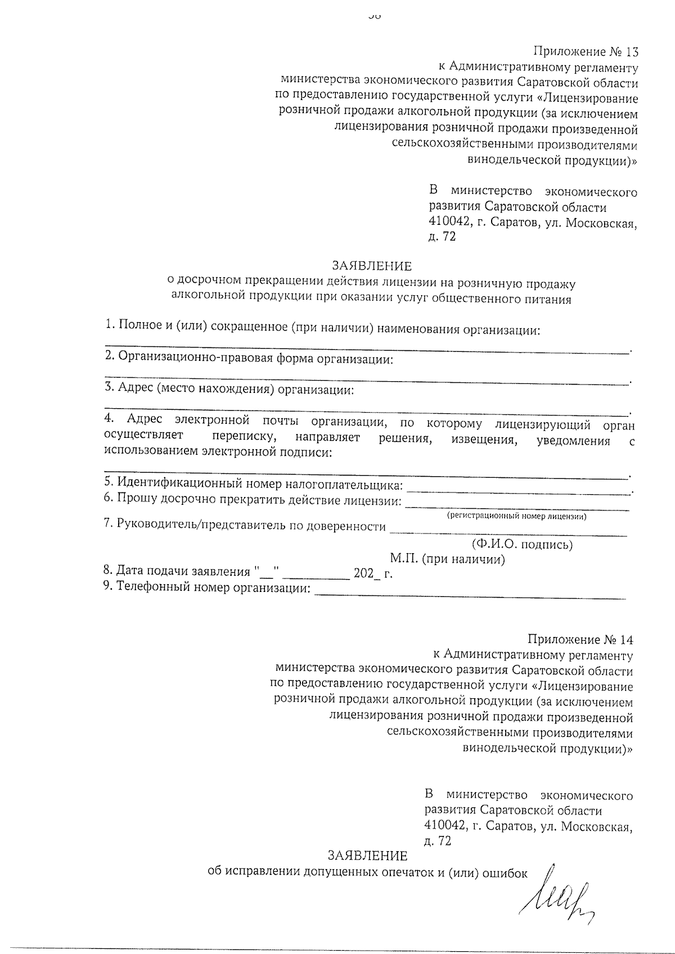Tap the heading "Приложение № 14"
pos(580,640)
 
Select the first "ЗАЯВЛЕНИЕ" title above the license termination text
pos(371,265)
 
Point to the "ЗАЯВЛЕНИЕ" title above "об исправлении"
pos(368,856)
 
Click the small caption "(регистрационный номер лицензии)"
pos(516,516)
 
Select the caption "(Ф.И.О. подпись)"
pos(522,544)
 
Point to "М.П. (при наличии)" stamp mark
pos(447,559)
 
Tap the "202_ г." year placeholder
pos(372,573)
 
